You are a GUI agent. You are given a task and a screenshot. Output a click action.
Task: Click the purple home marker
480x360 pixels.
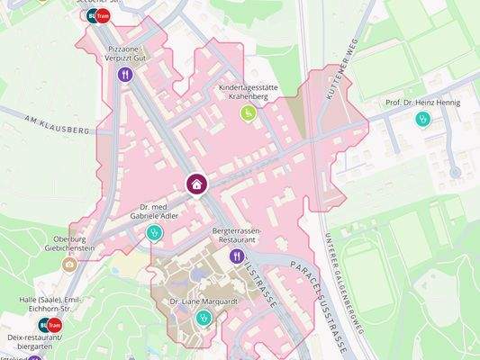point(197,184)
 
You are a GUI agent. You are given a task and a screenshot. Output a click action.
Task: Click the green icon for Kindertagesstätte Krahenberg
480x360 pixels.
point(248,112)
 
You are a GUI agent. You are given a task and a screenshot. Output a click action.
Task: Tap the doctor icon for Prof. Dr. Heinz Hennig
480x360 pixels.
point(422,119)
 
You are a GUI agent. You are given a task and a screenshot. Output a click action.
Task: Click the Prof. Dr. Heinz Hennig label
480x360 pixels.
point(422,103)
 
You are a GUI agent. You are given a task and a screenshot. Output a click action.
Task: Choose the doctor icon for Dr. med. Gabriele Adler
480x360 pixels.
point(154,233)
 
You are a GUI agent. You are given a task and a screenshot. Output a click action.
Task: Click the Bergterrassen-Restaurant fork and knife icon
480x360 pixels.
point(237,256)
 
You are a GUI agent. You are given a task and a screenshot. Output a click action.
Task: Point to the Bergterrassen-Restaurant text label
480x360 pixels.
point(235,237)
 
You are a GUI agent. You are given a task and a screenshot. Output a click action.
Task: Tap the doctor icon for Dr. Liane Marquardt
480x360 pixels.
point(204,317)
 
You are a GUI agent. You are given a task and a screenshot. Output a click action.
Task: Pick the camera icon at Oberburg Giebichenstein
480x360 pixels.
point(69,264)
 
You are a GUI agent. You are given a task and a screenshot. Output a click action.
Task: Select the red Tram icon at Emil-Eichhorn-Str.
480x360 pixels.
point(55,324)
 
